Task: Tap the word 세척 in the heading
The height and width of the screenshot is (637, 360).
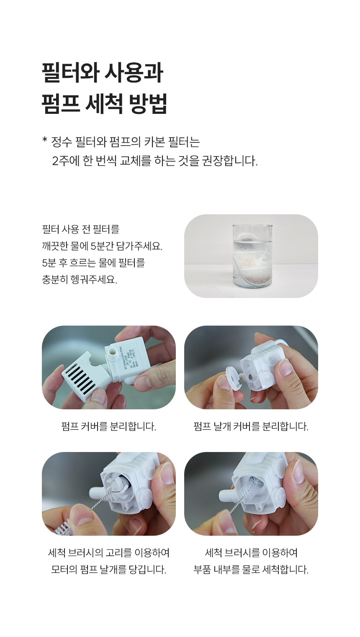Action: (104, 105)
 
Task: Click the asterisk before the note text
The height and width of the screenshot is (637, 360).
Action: (44, 140)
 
